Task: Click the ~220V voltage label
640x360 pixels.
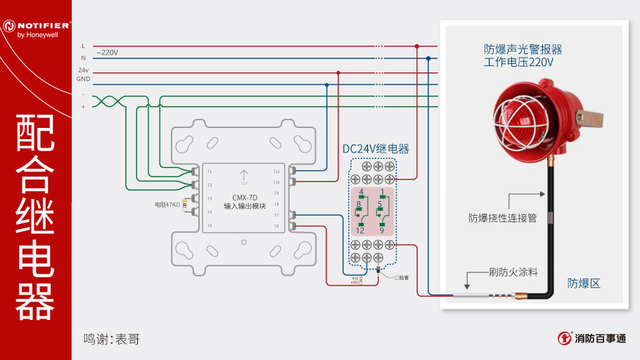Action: pyautogui.click(x=107, y=52)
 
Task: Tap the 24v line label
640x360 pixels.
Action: pyautogui.click(x=83, y=70)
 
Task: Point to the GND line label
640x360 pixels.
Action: pyautogui.click(x=83, y=79)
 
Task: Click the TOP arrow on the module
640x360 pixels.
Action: pyautogui.click(x=244, y=176)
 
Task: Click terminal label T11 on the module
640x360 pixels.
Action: pyautogui.click(x=276, y=171)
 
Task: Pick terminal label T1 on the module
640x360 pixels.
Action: pyautogui.click(x=209, y=172)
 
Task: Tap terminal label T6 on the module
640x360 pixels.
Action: pyautogui.click(x=276, y=226)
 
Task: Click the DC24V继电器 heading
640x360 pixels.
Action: pyautogui.click(x=375, y=149)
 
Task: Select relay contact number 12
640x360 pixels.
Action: pyautogui.click(x=359, y=231)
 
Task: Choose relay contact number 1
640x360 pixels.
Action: pyautogui.click(x=382, y=192)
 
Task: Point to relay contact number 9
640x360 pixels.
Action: pyautogui.click(x=382, y=231)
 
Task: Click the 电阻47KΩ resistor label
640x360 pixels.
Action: pyautogui.click(x=167, y=205)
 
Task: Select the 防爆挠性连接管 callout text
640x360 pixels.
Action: pyautogui.click(x=503, y=218)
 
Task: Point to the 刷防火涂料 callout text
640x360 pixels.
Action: pyautogui.click(x=513, y=270)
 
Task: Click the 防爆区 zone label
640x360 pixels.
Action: pyautogui.click(x=584, y=283)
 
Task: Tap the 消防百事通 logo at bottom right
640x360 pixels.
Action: pyautogui.click(x=592, y=338)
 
